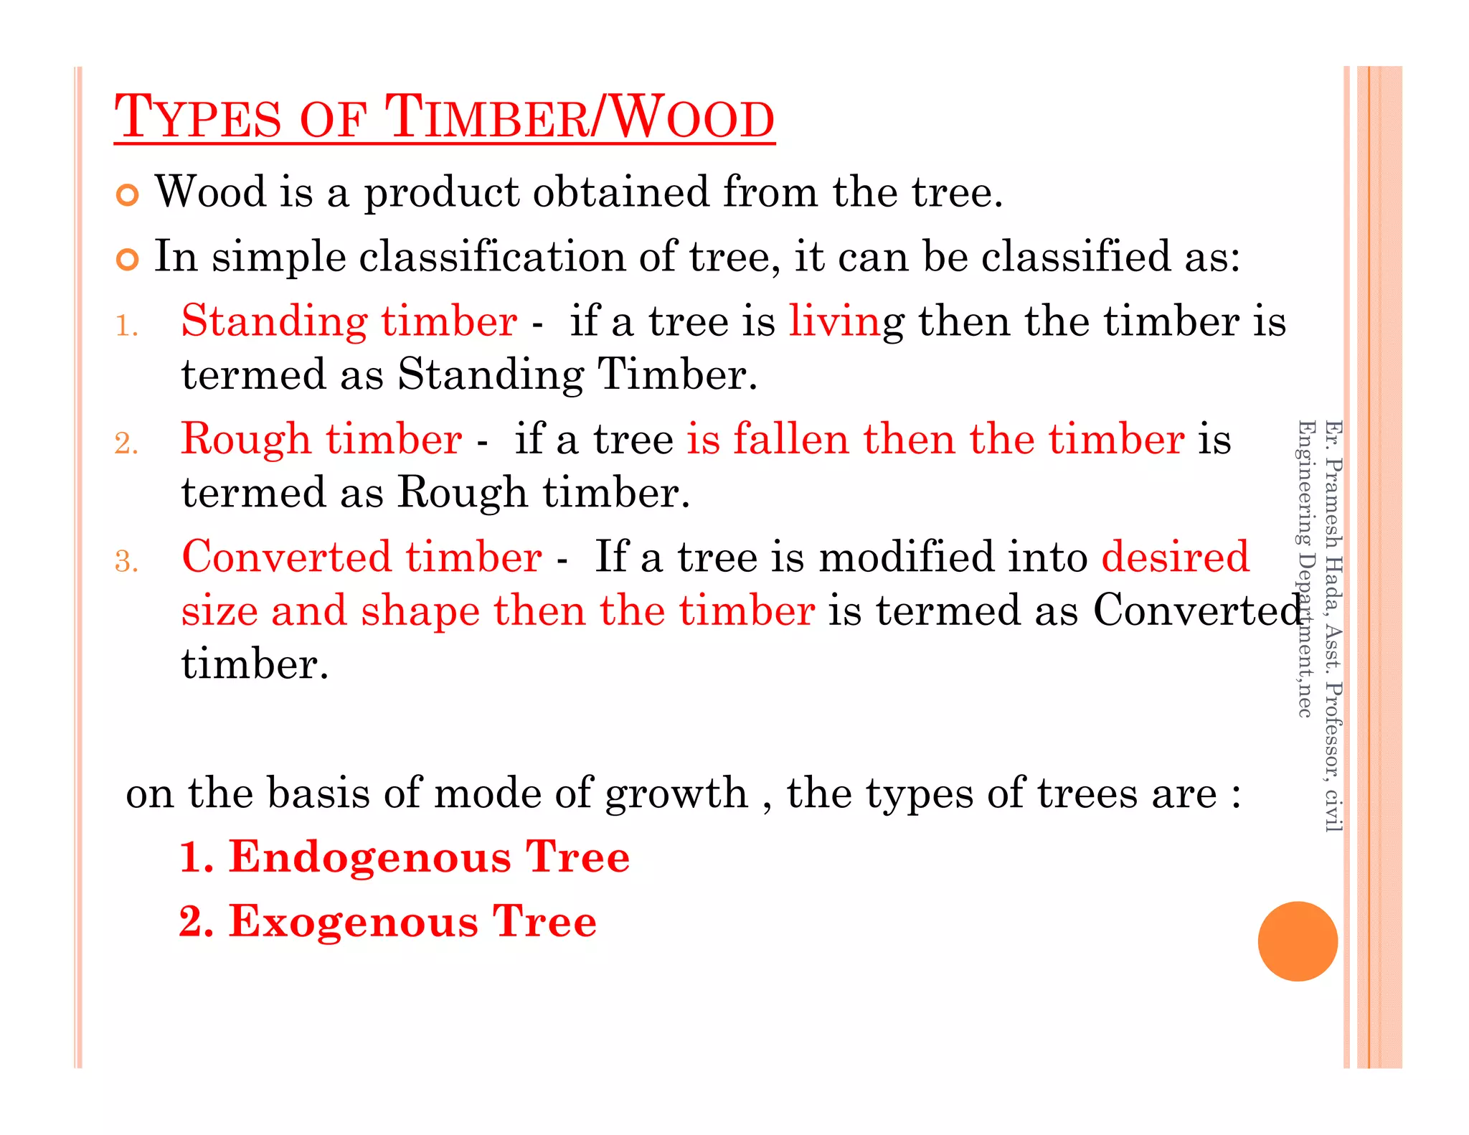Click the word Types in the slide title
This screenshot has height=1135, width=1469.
click(197, 118)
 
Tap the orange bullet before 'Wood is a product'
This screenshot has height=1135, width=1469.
click(127, 195)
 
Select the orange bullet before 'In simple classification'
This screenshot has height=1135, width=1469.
click(127, 260)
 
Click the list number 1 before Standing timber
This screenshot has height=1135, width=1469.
click(126, 326)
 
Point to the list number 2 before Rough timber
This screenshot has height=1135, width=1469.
click(126, 444)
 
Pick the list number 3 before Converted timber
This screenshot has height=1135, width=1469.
click(126, 562)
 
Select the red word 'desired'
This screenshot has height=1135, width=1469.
click(1175, 557)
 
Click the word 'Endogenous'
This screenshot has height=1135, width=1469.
click(370, 857)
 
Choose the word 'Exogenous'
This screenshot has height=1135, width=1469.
click(354, 922)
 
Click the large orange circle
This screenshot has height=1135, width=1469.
click(1297, 941)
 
